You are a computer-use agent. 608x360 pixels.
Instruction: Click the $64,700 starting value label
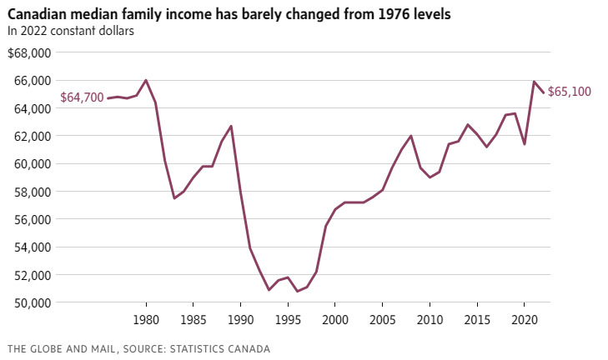pos(82,97)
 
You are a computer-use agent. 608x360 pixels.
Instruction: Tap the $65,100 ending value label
pos(570,92)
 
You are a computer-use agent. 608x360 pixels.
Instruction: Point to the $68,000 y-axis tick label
pos(29,52)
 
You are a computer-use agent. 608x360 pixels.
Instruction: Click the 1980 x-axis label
pos(146,319)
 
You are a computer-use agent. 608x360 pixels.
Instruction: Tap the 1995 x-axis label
pos(288,319)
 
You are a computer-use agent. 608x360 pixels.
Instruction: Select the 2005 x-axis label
pos(382,319)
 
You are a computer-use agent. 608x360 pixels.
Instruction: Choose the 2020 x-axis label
pos(524,319)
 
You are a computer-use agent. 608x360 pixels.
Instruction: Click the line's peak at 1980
pos(146,80)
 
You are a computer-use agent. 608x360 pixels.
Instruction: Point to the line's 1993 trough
pos(269,290)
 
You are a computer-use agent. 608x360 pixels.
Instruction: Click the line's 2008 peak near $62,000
pos(411,136)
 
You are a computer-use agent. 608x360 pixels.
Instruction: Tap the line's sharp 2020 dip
pos(525,144)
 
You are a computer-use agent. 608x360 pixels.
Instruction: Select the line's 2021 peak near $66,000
pos(534,82)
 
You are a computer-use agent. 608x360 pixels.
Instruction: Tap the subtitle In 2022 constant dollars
pos(71,31)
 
